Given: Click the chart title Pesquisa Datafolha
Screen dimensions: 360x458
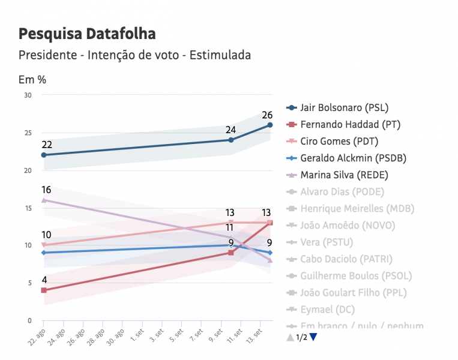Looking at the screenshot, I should [x=87, y=34].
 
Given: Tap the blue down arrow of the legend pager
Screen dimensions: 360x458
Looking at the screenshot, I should [x=313, y=337].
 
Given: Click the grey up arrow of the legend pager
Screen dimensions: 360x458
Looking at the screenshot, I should [x=291, y=337].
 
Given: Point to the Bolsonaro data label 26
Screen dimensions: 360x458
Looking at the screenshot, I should [x=267, y=115].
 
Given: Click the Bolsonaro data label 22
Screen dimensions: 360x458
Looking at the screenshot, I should [x=47, y=145].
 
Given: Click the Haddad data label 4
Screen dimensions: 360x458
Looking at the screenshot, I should [x=44, y=280].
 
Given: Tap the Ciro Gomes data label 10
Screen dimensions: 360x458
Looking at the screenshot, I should [x=46, y=235].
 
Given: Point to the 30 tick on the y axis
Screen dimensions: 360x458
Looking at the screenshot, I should [x=28, y=95].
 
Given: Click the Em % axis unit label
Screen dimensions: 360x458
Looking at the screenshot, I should [x=32, y=79].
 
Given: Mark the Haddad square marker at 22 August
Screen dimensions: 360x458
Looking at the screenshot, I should [x=44, y=290].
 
